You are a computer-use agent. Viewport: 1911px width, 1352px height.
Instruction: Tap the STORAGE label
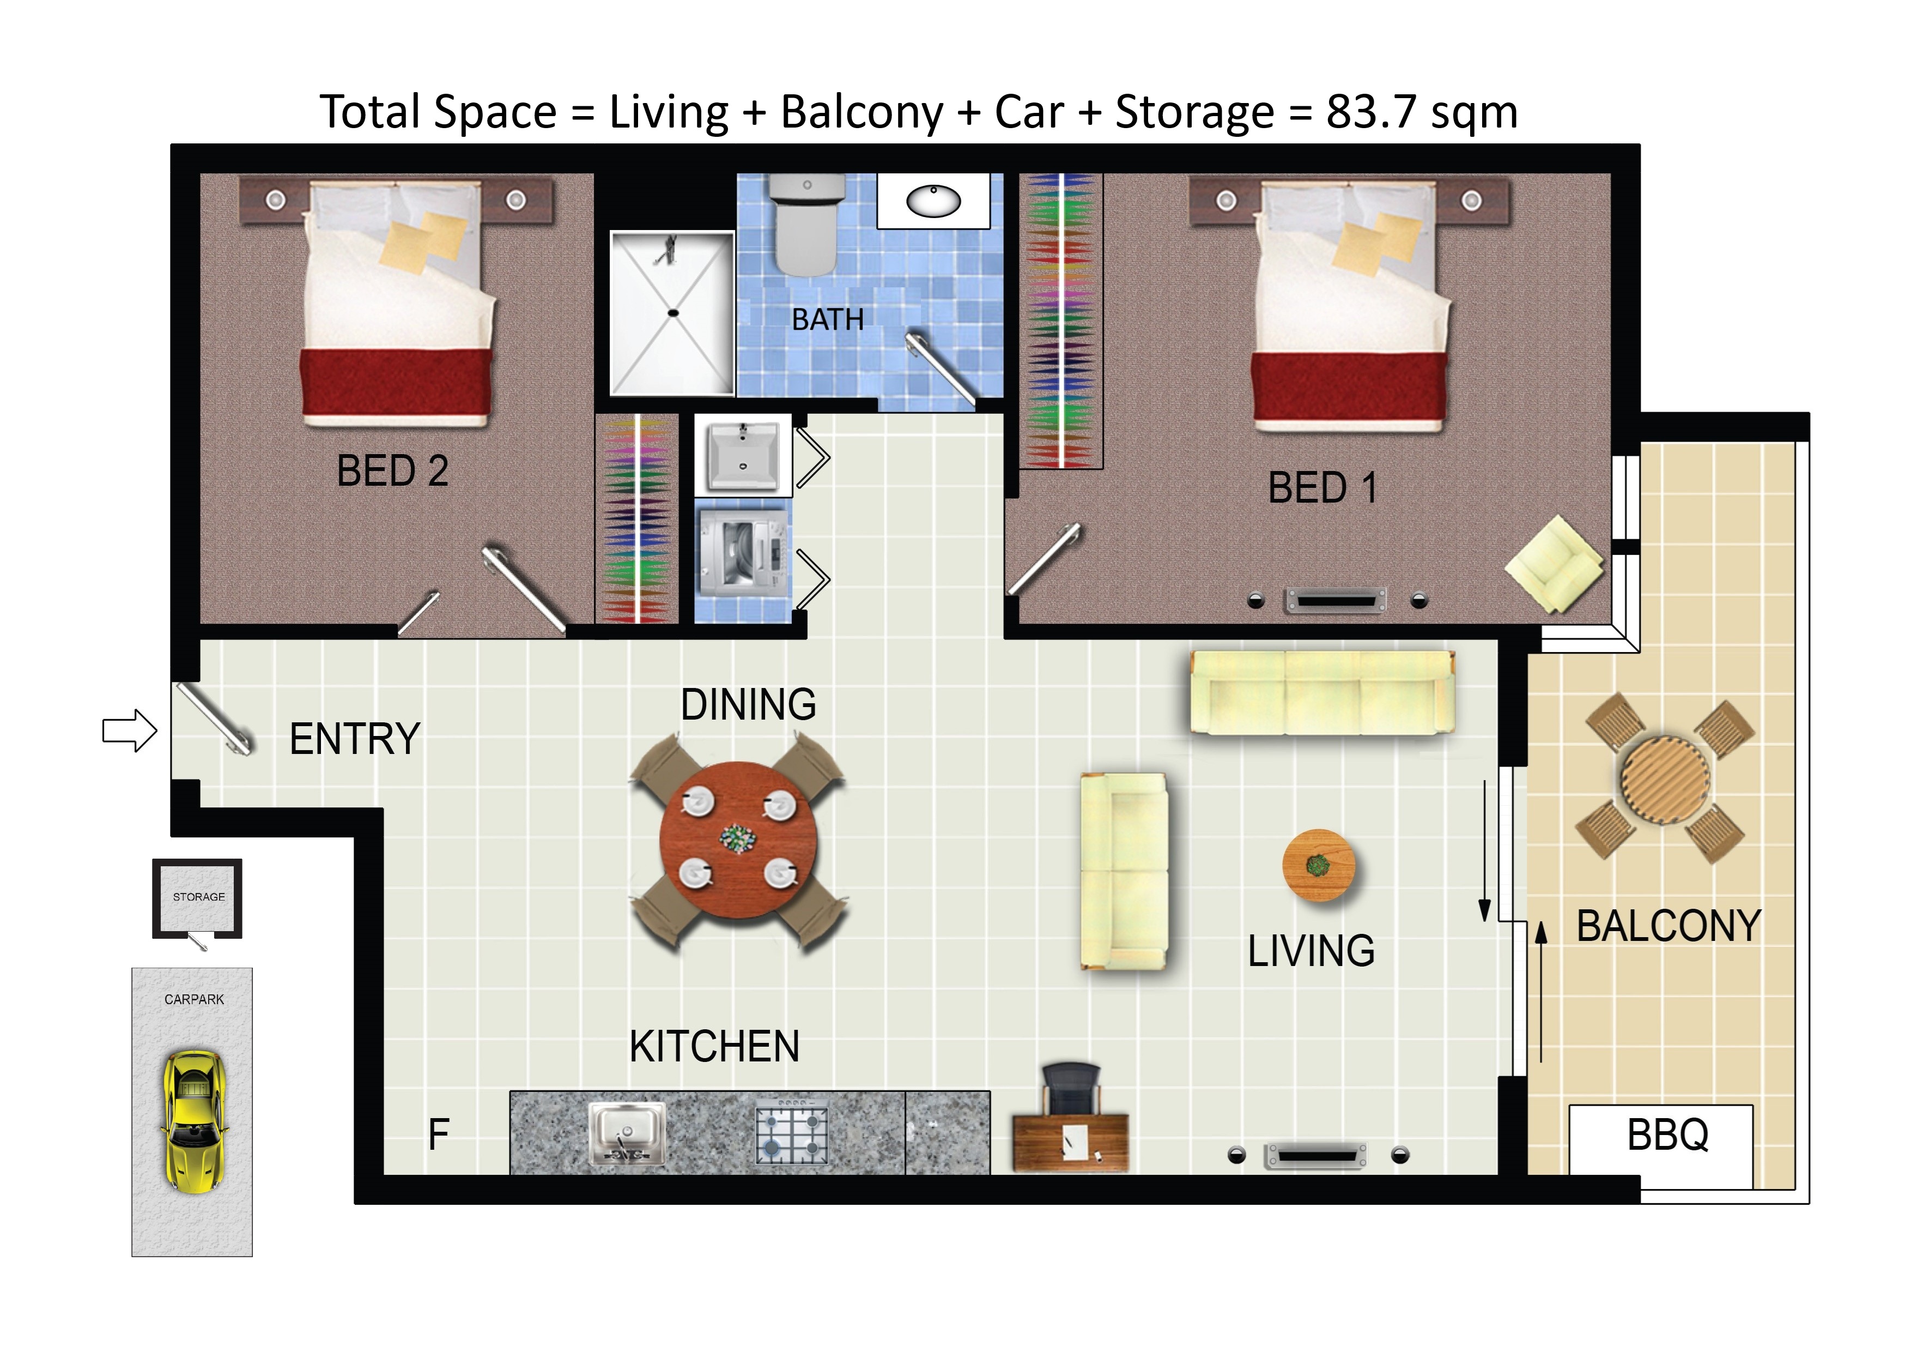[x=199, y=897]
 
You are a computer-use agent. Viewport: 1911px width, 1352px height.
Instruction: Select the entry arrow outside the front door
[x=130, y=731]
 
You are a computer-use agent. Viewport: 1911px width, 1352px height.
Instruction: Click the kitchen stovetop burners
[x=792, y=1133]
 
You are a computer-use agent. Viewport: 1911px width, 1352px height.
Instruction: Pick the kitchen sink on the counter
[x=627, y=1133]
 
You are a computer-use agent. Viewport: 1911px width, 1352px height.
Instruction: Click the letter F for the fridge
[x=439, y=1134]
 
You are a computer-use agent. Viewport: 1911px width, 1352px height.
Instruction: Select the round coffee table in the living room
[x=1318, y=866]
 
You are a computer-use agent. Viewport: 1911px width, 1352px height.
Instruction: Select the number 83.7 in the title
[x=1371, y=112]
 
